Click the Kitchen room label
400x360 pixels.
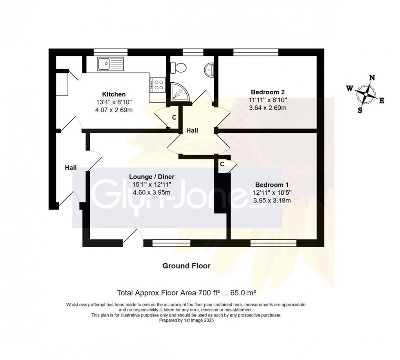pos(114,94)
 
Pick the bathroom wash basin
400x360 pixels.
pos(209,70)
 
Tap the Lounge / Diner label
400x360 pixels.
pos(153,176)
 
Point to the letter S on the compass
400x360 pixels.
pos(360,110)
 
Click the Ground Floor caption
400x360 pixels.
pos(186,266)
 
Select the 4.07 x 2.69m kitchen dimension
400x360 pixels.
pos(114,110)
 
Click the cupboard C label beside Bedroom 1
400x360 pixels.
pos(222,164)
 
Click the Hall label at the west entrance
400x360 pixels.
pos(71,168)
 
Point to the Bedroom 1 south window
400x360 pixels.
pos(273,243)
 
